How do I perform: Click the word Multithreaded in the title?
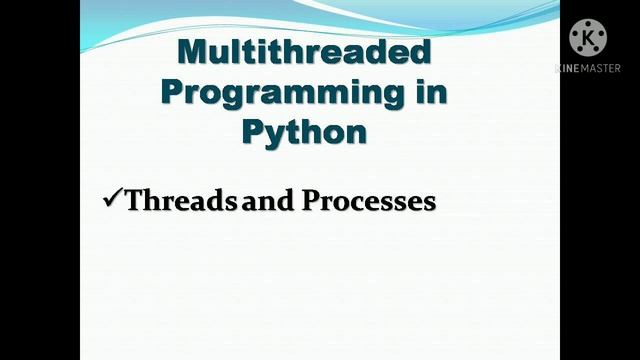point(304,52)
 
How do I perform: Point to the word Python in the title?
point(304,131)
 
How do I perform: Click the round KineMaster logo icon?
point(588,39)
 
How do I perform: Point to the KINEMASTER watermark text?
point(588,68)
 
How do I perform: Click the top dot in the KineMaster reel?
point(588,24)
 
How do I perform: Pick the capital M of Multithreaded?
point(194,52)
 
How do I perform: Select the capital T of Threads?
point(135,200)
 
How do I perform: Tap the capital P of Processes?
point(313,200)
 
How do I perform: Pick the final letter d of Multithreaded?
point(420,52)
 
